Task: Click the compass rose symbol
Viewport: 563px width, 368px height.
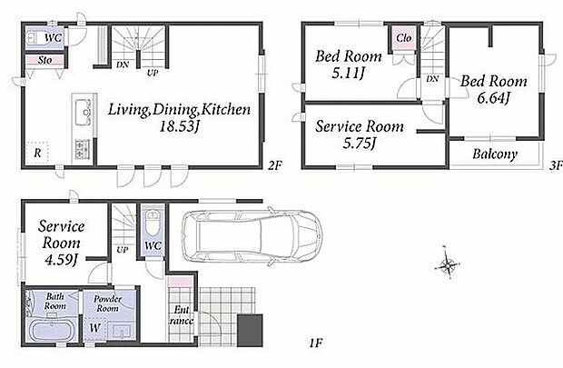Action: click(448, 266)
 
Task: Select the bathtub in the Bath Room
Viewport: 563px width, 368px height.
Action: click(52, 330)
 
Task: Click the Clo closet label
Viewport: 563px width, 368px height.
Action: click(403, 38)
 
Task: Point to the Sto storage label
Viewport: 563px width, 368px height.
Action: click(44, 60)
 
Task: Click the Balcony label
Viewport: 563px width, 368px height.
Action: click(495, 154)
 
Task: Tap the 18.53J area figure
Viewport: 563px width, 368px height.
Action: click(179, 126)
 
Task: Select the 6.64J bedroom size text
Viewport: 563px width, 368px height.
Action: click(494, 98)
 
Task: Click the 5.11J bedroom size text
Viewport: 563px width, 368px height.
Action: click(349, 74)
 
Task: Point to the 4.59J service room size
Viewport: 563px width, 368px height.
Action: click(61, 260)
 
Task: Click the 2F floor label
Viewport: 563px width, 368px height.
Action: click(275, 165)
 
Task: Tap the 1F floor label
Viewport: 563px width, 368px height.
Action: click(316, 343)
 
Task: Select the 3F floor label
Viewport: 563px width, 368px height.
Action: click(556, 165)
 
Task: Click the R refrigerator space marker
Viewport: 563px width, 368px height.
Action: click(37, 154)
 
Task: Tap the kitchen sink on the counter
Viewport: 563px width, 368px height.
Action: click(83, 112)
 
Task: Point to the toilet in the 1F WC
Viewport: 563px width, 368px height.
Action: click(153, 222)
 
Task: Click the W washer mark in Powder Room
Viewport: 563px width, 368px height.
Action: click(94, 328)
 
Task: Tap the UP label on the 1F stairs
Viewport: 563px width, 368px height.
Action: click(123, 250)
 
